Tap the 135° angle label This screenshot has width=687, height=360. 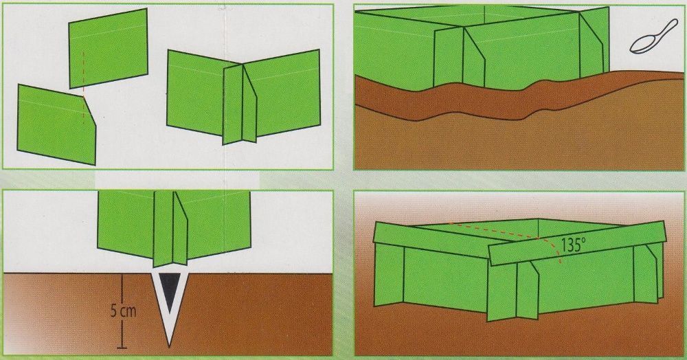point(573,245)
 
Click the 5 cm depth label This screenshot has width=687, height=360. point(123,311)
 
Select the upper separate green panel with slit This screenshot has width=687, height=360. point(109,48)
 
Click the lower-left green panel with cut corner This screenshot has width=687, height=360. point(56,124)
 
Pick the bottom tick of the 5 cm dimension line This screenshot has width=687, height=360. point(122,348)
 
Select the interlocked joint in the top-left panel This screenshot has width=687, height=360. point(240,104)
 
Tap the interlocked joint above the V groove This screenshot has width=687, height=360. point(170,228)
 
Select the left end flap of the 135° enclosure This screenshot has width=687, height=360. point(389,275)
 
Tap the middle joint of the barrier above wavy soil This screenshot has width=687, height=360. point(460,56)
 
